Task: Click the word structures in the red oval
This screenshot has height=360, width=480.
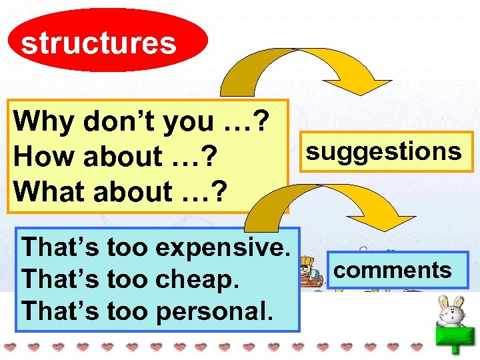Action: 99,43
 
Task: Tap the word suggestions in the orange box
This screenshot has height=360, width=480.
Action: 384,152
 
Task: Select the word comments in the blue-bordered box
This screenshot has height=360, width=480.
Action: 393,270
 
